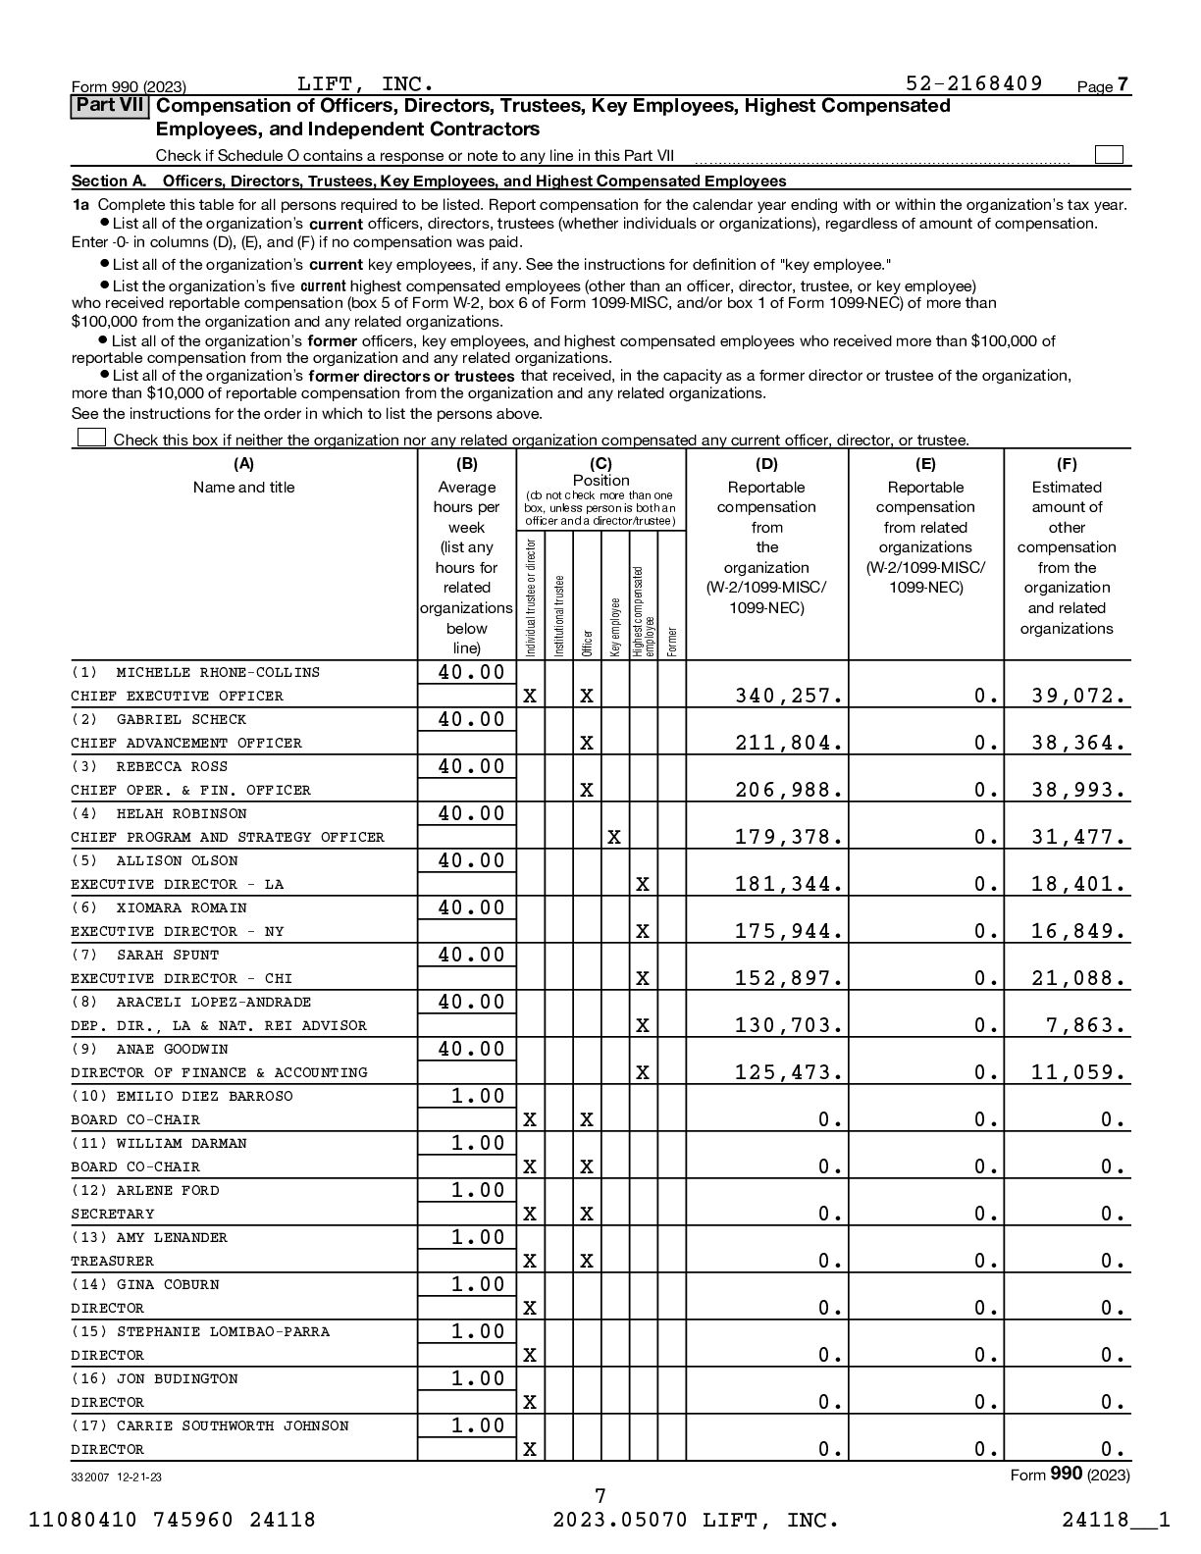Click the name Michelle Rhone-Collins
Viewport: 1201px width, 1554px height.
218,673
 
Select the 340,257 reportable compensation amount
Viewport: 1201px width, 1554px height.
789,697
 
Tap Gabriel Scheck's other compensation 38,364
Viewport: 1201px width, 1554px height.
1078,744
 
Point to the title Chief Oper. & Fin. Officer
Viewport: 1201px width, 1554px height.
190,791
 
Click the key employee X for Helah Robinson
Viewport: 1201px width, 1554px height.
614,838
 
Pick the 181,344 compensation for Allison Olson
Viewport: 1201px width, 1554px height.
789,885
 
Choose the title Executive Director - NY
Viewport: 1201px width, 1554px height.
177,932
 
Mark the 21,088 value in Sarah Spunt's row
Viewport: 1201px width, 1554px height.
1078,979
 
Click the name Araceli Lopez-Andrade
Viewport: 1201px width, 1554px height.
213,1003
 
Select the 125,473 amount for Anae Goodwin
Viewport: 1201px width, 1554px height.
789,1073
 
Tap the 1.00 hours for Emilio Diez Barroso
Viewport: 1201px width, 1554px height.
478,1097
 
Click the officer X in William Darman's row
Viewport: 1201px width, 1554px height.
586,1167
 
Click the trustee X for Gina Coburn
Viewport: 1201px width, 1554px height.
530,1309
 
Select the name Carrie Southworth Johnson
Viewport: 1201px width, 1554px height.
232,1426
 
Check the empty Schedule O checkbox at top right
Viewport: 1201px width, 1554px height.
1109,155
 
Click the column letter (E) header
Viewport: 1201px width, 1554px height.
925,465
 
